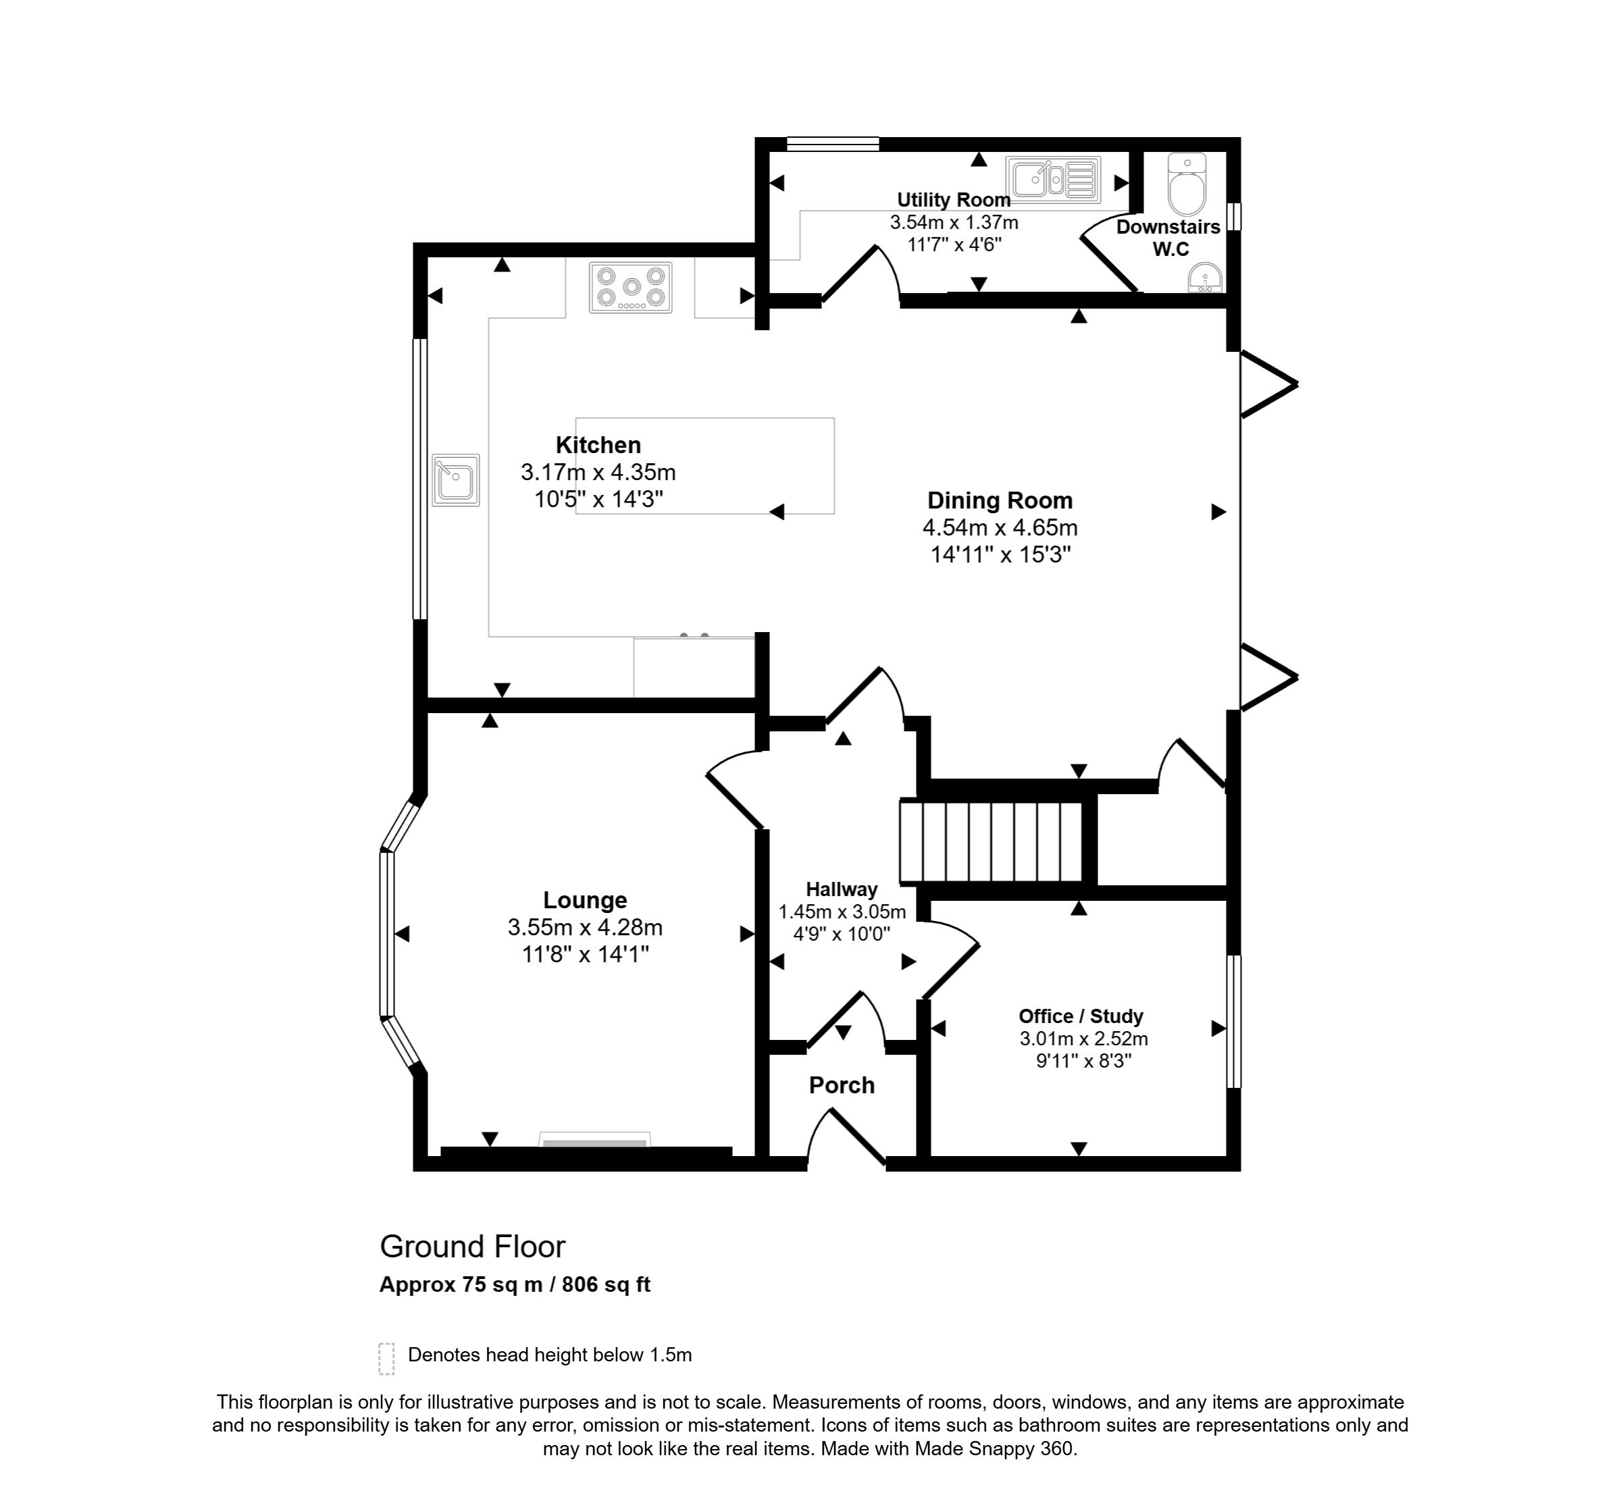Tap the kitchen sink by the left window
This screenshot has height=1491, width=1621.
(456, 480)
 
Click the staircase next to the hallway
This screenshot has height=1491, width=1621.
(991, 841)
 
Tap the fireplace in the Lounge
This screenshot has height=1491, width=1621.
(594, 1139)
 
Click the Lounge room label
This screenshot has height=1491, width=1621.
(585, 900)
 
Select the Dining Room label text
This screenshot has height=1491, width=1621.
(1000, 501)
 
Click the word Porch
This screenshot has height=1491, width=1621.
(842, 1085)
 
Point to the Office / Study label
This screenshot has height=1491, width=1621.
(1081, 1016)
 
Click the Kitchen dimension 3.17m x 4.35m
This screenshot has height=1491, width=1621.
(598, 472)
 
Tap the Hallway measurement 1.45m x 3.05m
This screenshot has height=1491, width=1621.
(842, 912)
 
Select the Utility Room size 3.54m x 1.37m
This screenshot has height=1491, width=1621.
(954, 222)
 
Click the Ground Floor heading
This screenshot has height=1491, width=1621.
(472, 1247)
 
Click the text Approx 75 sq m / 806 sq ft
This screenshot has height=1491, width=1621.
(514, 1284)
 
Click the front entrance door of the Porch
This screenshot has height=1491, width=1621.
(855, 1138)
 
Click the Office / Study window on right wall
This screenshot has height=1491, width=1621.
(1234, 1022)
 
